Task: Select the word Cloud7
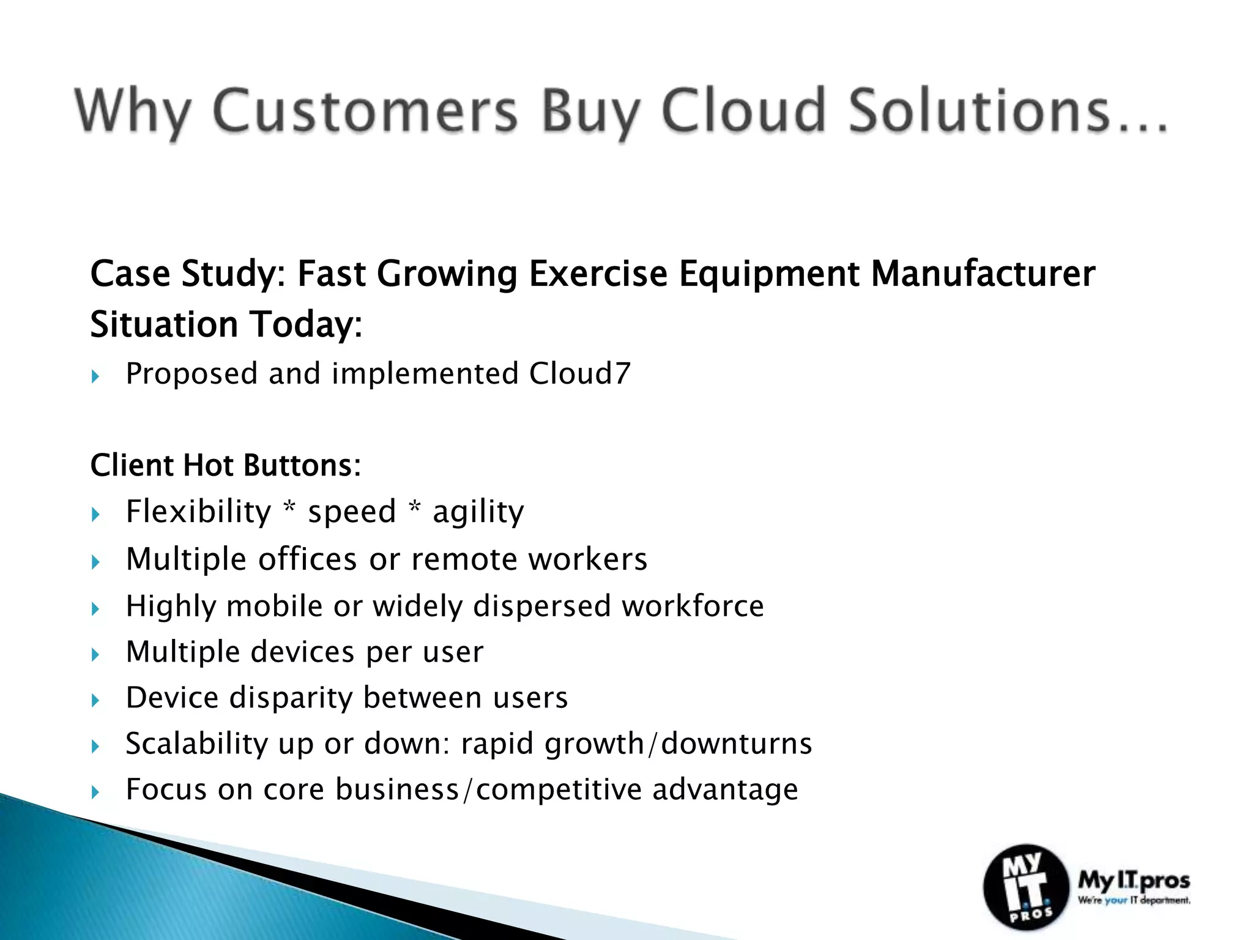579,373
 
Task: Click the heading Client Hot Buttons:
226,465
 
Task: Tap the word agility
478,512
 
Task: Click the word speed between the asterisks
352,512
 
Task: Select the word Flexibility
198,512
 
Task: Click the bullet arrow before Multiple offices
95,562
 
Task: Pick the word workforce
693,606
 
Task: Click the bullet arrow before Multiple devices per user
95,655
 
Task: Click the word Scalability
197,744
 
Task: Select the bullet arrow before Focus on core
95,793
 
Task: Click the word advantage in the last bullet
725,789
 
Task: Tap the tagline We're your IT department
1134,900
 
